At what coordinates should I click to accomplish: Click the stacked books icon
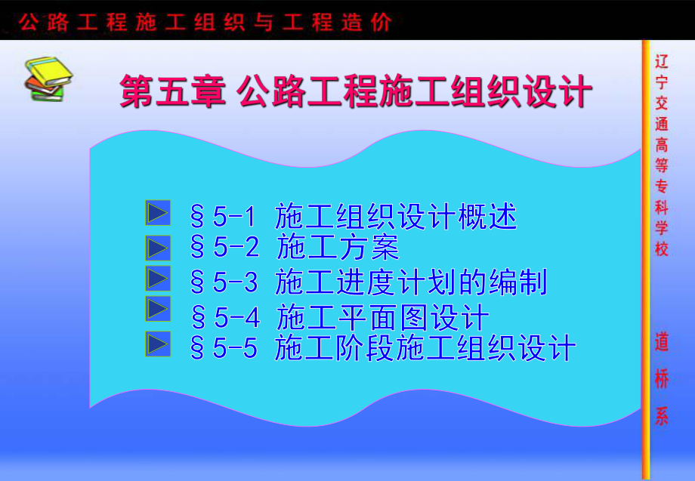click(45, 78)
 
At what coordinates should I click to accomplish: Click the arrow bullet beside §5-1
click(157, 214)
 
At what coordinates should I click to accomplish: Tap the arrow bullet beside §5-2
click(157, 247)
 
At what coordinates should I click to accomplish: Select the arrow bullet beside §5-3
click(157, 279)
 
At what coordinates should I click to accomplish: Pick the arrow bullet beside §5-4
click(157, 310)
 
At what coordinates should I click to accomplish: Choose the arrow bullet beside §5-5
click(157, 344)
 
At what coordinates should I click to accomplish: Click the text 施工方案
click(337, 248)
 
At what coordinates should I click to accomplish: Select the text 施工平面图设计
click(383, 316)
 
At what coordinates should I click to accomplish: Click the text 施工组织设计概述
click(396, 217)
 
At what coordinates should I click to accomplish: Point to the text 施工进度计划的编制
click(411, 282)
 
